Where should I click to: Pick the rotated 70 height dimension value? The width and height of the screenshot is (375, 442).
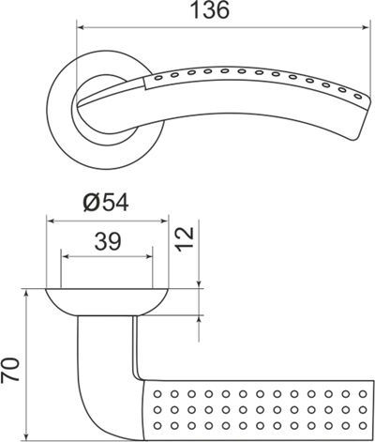tap(11, 369)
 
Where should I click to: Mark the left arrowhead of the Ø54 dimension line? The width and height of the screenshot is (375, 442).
tap(51, 221)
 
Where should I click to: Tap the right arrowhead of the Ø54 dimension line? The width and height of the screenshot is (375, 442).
tap(163, 221)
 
